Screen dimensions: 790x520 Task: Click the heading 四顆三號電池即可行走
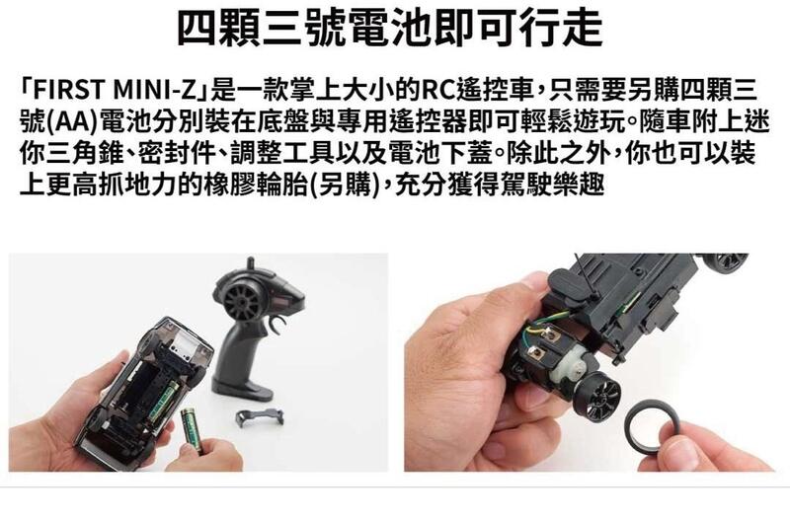390,28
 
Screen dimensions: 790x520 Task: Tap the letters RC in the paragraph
437,91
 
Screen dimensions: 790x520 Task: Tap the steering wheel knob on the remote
243,302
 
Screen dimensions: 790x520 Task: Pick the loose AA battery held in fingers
192,429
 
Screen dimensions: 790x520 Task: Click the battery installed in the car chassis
164,402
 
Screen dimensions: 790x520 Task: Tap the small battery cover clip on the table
260,417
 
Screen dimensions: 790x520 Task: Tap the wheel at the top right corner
727,260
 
